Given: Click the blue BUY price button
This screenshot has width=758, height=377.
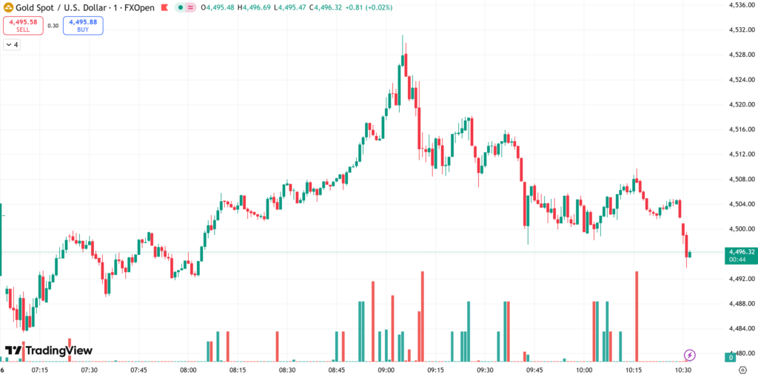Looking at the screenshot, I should pos(84,25).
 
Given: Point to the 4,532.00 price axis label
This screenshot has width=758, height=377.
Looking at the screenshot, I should pos(740,30).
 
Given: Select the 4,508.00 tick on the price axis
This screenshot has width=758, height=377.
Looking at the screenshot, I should pos(740,179).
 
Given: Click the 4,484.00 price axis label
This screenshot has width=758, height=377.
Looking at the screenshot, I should pos(740,328).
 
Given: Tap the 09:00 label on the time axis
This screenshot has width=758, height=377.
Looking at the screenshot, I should pos(386,370).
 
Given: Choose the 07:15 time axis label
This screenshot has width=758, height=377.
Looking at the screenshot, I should pos(40,370).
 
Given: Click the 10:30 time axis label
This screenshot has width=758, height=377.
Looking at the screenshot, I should pos(682,370).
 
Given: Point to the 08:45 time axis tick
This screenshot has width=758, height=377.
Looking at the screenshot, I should pos(337,370).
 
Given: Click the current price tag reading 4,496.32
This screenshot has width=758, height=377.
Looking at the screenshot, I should pos(740,252).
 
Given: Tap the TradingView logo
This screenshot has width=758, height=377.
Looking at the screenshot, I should pos(48,350).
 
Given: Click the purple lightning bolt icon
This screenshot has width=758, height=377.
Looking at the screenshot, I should pos(689,355).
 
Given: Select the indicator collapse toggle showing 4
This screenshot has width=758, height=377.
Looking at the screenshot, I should pos(12,45).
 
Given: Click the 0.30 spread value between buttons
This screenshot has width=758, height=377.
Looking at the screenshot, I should pos(53,25).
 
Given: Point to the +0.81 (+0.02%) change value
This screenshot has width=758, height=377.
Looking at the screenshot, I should pos(367,7).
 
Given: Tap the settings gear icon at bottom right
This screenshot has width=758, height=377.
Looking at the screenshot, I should pos(742,370).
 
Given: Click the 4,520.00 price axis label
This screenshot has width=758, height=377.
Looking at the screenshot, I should pos(740,104).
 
